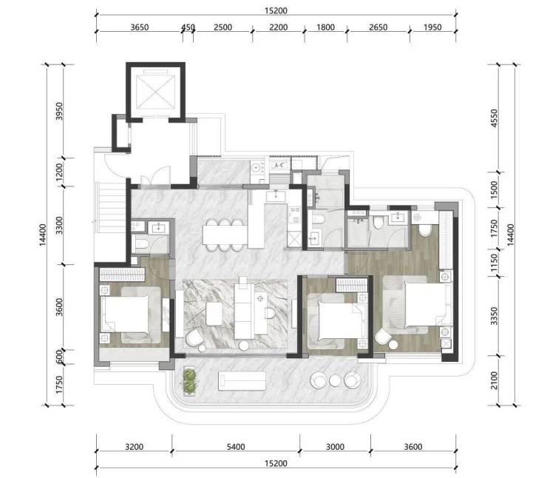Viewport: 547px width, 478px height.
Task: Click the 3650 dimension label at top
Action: tap(140, 27)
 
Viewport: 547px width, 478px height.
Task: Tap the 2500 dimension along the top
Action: tap(222, 27)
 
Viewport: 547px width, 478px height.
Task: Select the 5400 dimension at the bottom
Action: tap(236, 447)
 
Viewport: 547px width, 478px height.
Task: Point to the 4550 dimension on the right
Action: tap(494, 118)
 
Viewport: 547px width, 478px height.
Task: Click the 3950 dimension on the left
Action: tap(59, 111)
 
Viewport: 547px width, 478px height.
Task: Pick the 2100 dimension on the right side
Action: tap(494, 380)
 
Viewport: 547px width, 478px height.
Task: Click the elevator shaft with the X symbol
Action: tap(155, 92)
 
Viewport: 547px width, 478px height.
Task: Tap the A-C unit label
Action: tap(279, 165)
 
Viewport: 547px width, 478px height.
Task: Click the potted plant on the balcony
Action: tap(189, 381)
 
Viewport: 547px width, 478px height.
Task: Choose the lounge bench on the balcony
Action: tap(242, 380)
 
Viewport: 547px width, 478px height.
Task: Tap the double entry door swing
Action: tap(155, 175)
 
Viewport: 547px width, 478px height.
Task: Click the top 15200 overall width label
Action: tap(276, 10)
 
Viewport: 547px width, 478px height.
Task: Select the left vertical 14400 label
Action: tap(43, 235)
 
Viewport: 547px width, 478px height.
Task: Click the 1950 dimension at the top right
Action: tap(432, 27)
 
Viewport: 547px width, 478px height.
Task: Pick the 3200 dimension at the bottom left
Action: tap(135, 447)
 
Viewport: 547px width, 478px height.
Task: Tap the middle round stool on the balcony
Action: tap(335, 380)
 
